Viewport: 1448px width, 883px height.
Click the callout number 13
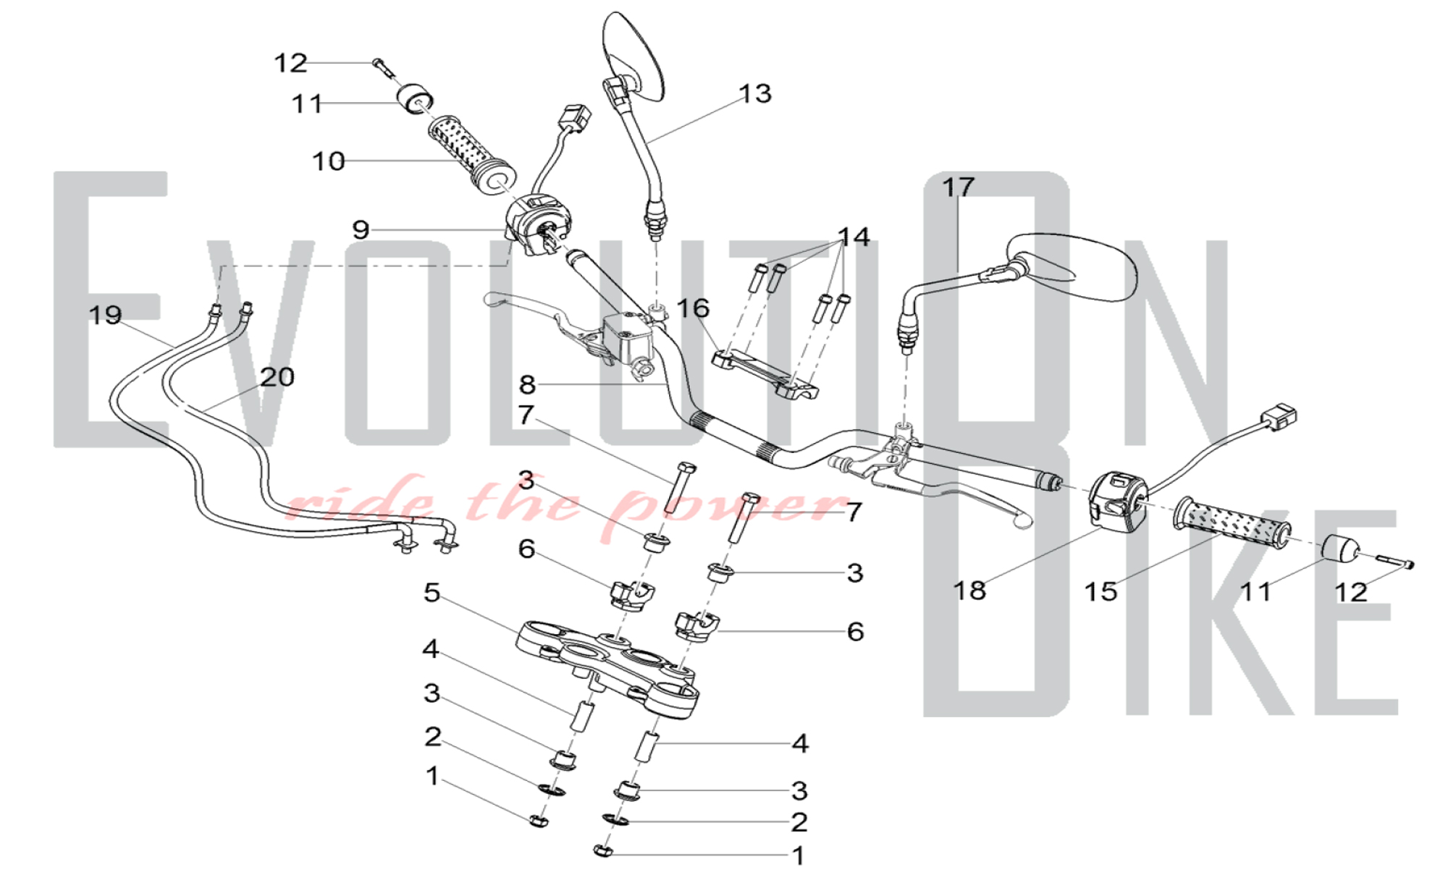tap(755, 93)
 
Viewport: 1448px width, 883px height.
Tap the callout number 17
tap(958, 187)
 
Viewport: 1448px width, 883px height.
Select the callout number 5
tap(432, 593)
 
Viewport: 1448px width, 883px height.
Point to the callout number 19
tap(106, 315)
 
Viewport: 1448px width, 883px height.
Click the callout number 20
tap(277, 376)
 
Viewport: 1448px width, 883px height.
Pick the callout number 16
tap(693, 308)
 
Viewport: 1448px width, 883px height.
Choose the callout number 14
tap(854, 237)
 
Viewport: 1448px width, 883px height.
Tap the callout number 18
tap(970, 591)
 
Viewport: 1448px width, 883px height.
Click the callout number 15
tap(1100, 592)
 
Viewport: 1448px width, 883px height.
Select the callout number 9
tap(361, 229)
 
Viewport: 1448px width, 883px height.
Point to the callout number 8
tap(527, 384)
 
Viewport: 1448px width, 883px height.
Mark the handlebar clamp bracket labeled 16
tap(767, 373)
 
